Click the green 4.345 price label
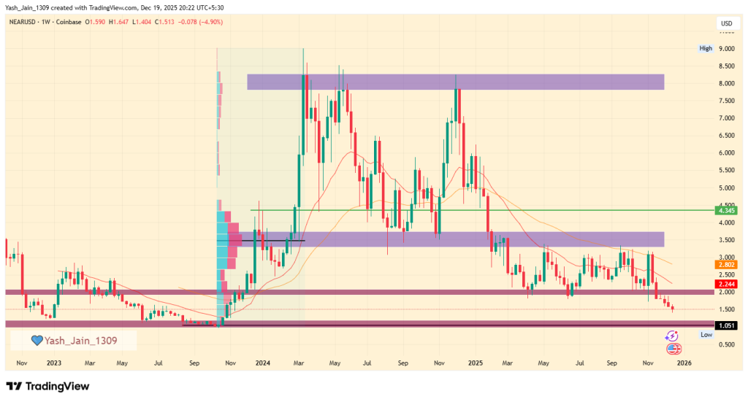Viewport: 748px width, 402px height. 726,211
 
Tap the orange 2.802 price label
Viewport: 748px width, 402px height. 726,264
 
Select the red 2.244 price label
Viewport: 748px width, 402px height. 726,284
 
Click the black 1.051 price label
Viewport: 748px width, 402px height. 726,326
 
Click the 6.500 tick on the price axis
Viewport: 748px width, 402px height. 726,136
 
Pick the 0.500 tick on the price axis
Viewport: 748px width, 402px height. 726,344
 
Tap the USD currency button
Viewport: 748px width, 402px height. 726,23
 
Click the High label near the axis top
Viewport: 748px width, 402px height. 705,49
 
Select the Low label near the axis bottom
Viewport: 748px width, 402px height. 706,334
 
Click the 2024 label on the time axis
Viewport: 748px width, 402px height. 263,362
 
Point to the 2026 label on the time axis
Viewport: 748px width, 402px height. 685,362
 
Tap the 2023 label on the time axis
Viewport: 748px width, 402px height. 54,362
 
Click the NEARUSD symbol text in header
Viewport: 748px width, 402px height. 24,23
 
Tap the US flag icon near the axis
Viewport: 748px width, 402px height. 673,349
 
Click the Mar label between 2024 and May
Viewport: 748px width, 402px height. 299,362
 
